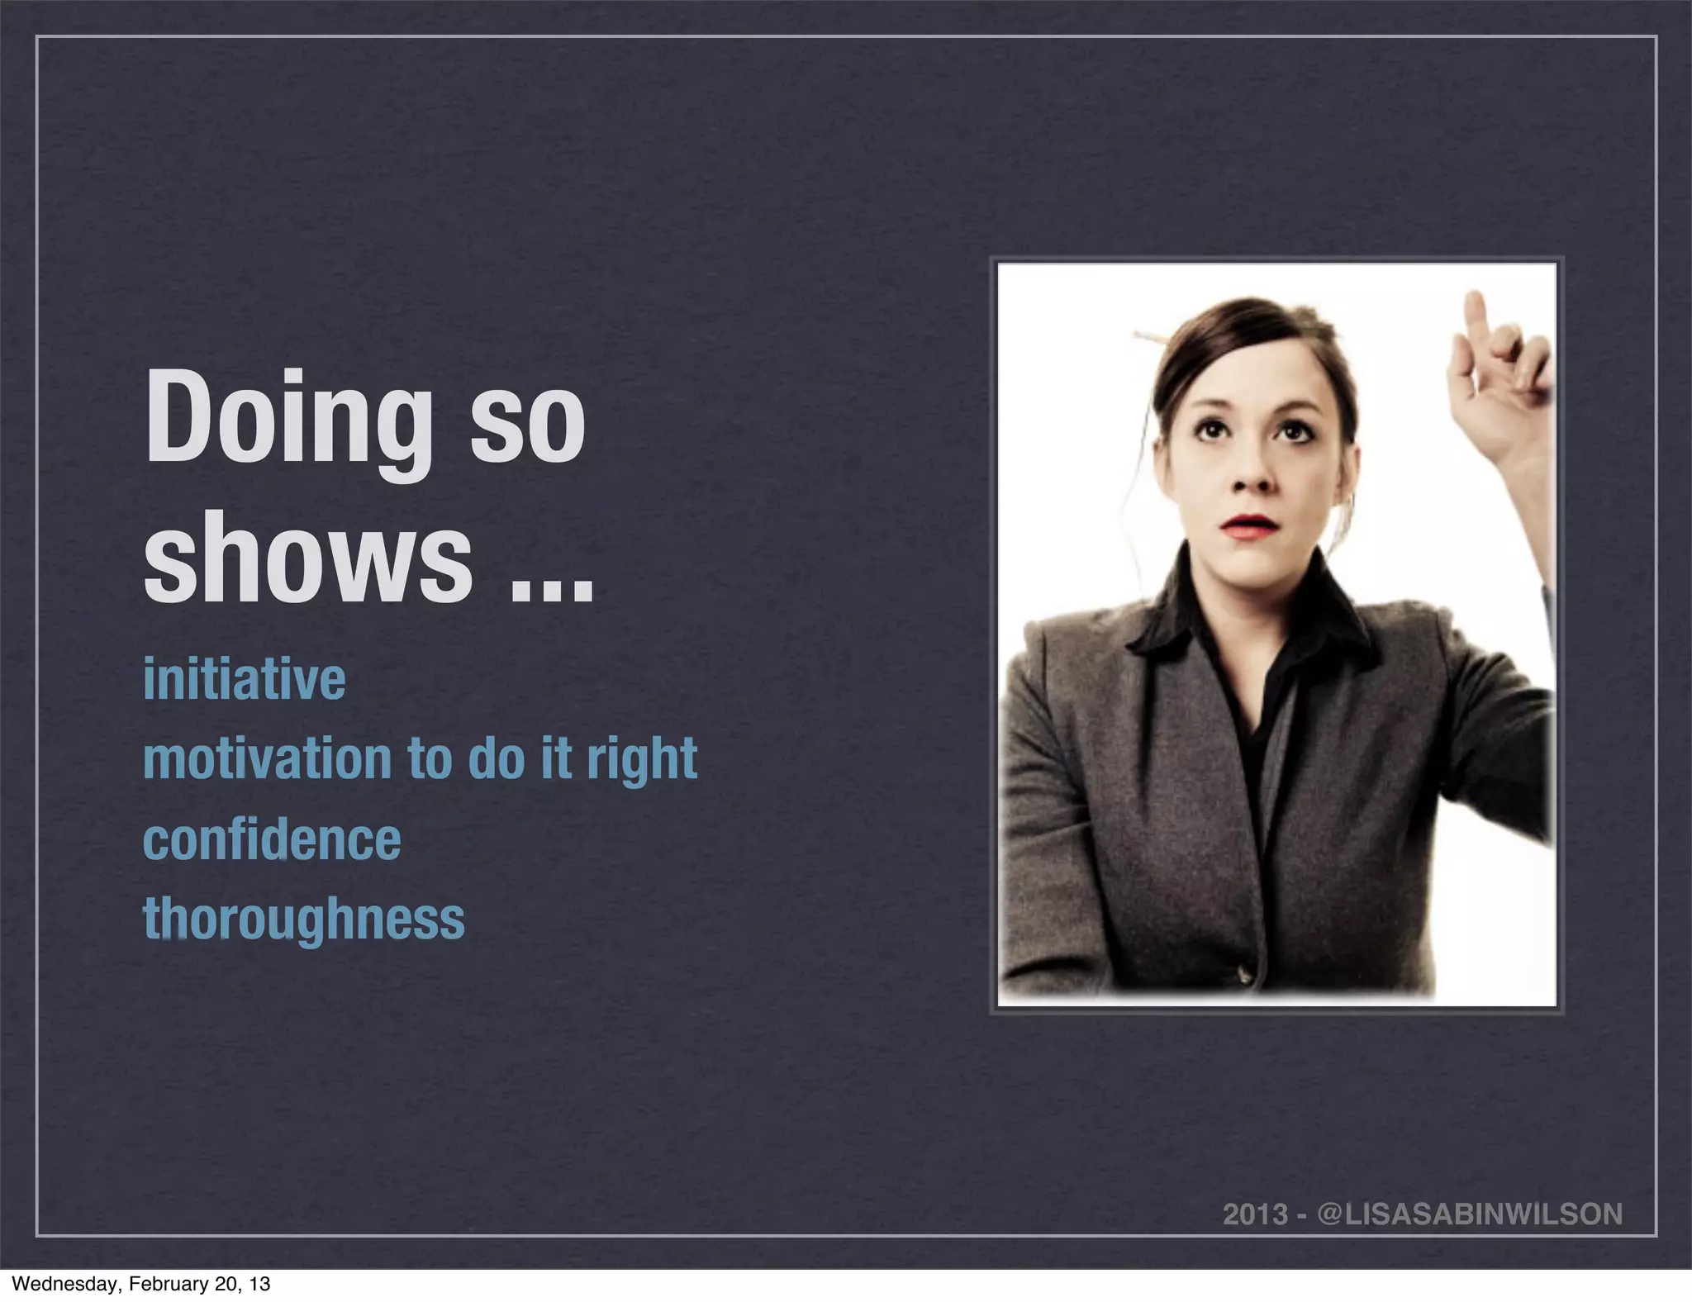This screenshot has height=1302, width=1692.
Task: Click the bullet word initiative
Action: point(245,679)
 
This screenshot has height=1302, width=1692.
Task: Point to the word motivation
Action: point(267,758)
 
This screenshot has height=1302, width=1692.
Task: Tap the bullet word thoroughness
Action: point(304,919)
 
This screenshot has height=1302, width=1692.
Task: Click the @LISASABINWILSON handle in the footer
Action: point(1470,1214)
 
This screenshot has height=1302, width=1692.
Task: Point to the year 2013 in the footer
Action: point(1255,1214)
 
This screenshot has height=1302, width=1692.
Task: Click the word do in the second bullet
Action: point(497,758)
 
